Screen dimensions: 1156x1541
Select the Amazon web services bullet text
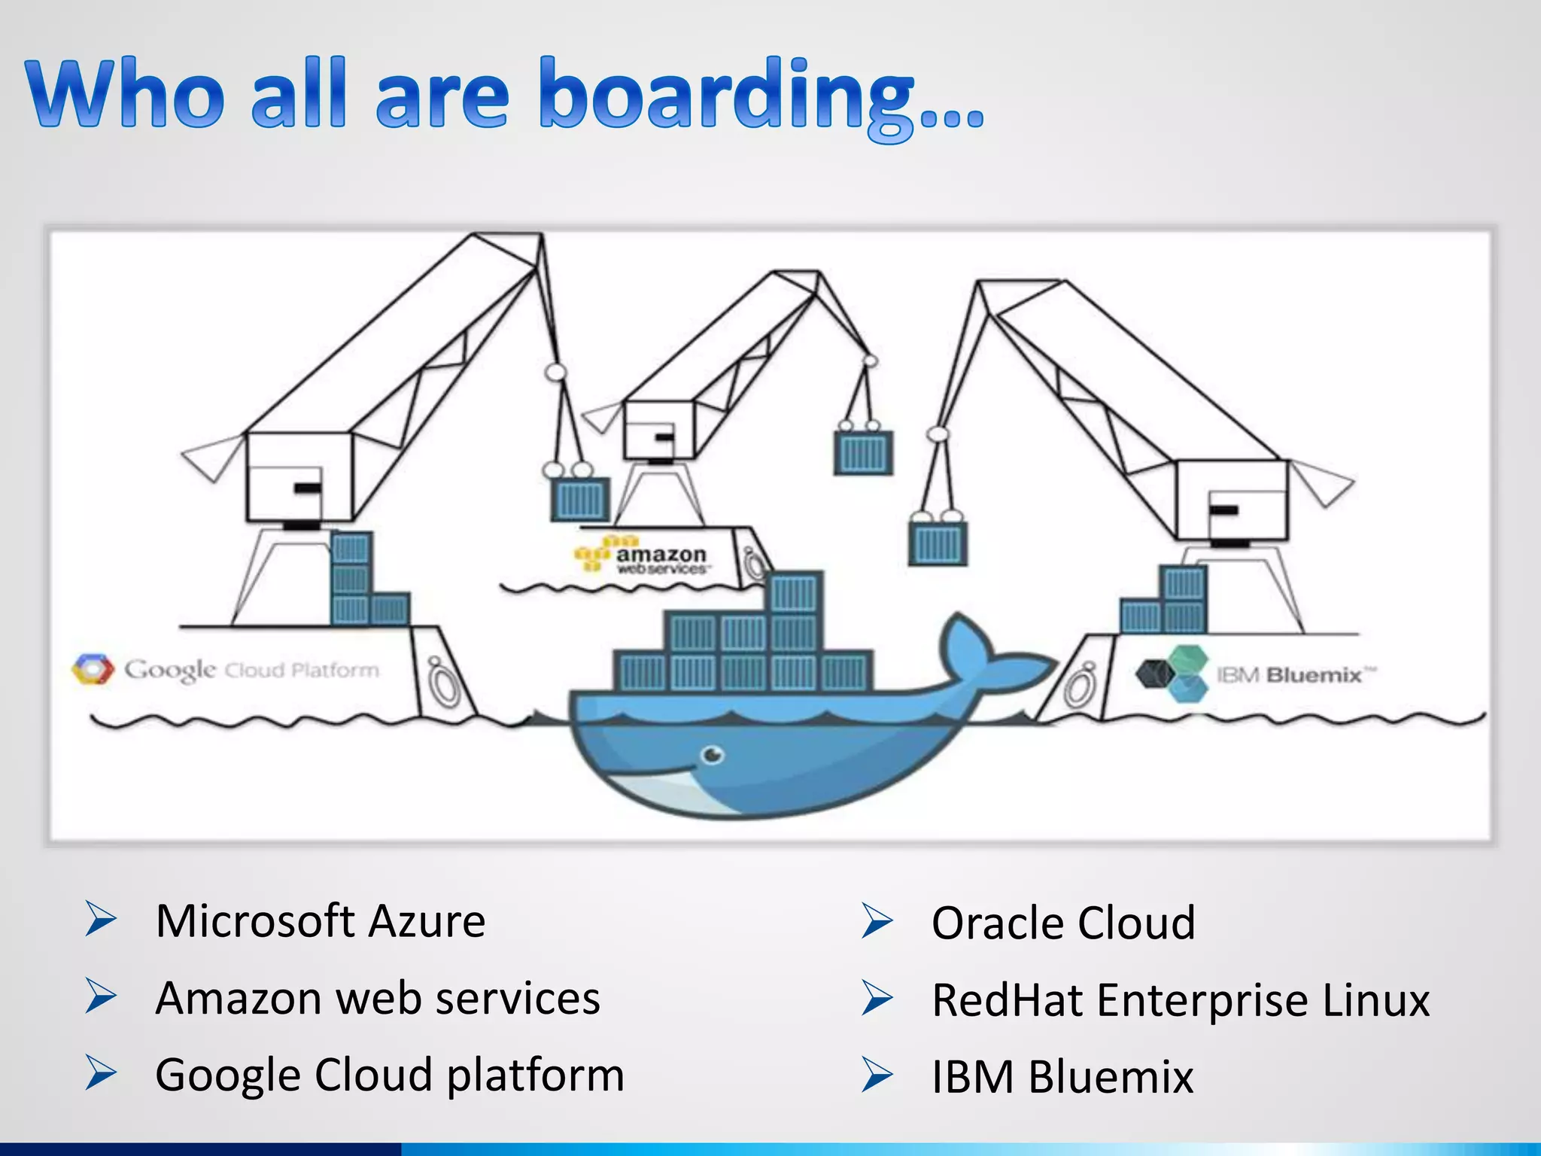378,998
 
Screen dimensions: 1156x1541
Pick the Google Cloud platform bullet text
390,1075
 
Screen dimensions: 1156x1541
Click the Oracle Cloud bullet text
1063,923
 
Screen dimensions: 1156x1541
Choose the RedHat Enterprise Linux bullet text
1181,1000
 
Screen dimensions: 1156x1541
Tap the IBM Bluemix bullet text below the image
1062,1077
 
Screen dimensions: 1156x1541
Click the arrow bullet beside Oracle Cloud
877,921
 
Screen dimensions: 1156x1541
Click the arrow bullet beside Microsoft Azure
100,919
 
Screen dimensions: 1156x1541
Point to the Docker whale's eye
712,754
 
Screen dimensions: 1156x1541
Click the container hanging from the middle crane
863,453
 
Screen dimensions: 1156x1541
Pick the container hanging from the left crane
579,499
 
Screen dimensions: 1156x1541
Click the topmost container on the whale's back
795,593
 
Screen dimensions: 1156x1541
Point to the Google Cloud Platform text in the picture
252,669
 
